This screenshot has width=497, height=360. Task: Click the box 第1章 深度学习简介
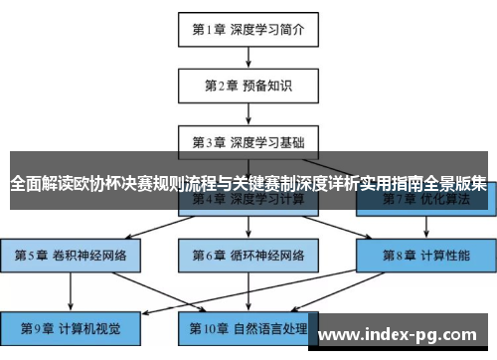coord(248,29)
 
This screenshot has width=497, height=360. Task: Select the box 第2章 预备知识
coord(248,85)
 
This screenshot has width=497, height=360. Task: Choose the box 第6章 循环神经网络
coord(248,255)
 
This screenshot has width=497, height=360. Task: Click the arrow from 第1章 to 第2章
coord(248,56)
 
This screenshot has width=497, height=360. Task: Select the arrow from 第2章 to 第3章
coord(248,112)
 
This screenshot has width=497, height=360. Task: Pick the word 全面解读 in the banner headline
coord(44,183)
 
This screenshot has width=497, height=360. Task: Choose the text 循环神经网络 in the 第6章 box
coord(266,255)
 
